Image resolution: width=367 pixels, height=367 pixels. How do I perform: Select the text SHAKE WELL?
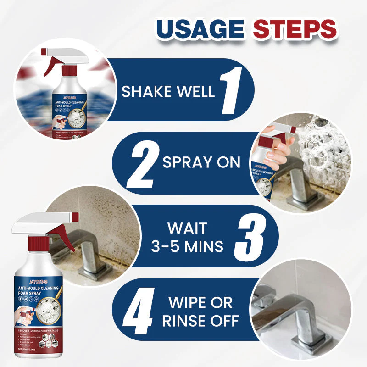tap(168, 91)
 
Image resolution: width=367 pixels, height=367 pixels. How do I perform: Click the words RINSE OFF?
tap(200, 320)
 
